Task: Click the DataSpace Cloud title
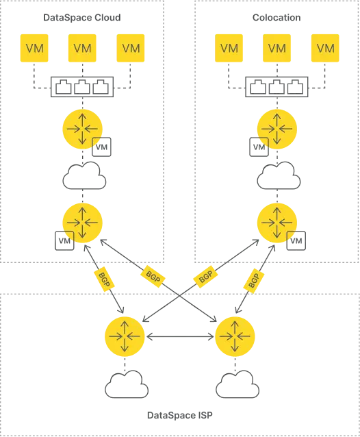coord(82,18)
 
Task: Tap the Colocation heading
coord(277,18)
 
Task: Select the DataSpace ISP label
coord(180,415)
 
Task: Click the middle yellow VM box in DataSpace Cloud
coord(82,48)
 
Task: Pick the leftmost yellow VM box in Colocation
coord(229,48)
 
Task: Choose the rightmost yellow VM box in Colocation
coord(325,48)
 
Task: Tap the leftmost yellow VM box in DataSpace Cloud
coord(34,48)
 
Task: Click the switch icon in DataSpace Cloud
coord(82,87)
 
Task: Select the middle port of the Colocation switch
coord(277,87)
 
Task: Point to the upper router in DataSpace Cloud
coord(82,129)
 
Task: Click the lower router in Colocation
coord(277,223)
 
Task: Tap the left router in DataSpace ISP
coord(125,336)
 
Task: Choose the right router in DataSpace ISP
coord(235,336)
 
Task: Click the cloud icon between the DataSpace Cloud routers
coord(84,176)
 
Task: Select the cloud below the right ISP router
coord(237,384)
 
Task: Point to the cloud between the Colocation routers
coord(279,176)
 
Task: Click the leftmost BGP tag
coord(104,279)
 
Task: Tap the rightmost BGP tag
coord(254,281)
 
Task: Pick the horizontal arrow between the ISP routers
coord(180,337)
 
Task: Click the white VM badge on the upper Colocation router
coord(259,147)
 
